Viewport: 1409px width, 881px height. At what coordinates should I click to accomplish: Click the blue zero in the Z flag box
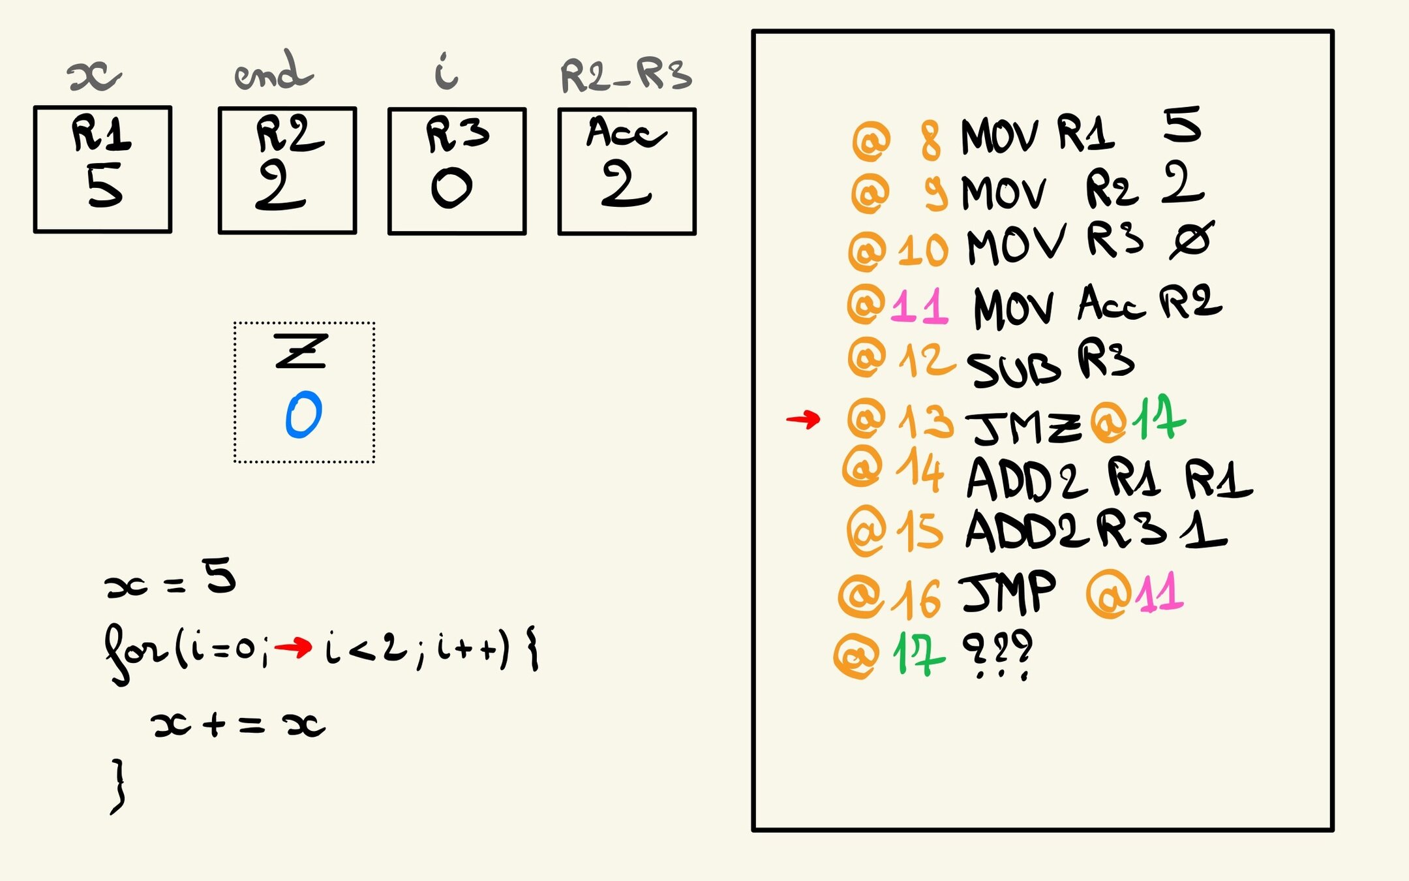303,414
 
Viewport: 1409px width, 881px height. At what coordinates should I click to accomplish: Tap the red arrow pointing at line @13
803,419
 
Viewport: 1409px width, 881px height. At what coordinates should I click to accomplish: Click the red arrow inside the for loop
293,647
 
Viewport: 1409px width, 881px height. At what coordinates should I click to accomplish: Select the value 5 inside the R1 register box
104,185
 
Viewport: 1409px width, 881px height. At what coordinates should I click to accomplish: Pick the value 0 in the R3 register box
451,187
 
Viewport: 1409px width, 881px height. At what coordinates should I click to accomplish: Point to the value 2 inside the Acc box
626,185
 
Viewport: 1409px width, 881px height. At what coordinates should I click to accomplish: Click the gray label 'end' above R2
274,72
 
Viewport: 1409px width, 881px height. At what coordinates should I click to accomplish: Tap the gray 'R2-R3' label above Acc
626,76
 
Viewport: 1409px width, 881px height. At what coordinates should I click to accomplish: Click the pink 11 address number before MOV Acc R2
919,306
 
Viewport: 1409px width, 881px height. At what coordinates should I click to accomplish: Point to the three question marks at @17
997,653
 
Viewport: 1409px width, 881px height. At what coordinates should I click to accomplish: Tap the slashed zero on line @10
1191,240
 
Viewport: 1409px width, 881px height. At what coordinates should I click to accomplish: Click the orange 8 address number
931,141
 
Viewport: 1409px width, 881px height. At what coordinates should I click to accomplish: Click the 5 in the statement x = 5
219,576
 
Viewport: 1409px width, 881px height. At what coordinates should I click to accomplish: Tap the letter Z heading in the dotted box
300,350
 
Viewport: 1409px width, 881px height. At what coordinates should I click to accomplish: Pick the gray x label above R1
95,76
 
